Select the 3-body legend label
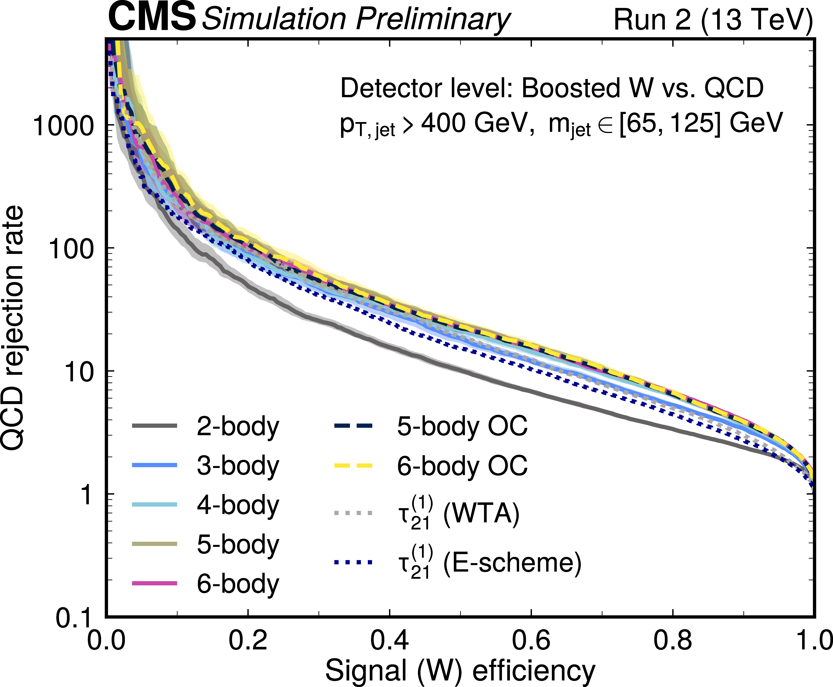[238, 466]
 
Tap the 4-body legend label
[238, 505]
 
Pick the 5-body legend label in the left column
[238, 545]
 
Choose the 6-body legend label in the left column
[238, 584]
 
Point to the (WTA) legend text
[481, 514]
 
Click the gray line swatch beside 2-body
[155, 426]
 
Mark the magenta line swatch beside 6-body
[155, 583]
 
